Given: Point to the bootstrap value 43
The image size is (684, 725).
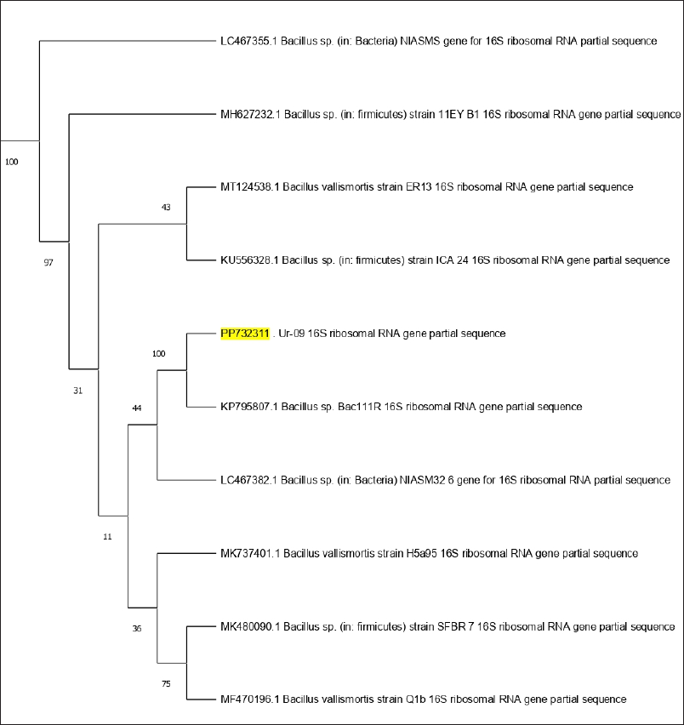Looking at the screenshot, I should (x=166, y=207).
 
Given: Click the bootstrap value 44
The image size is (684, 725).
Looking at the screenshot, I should (x=136, y=408).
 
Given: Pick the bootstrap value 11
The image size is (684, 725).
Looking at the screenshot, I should (x=107, y=537).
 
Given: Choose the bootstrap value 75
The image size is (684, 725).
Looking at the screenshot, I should (x=166, y=683).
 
